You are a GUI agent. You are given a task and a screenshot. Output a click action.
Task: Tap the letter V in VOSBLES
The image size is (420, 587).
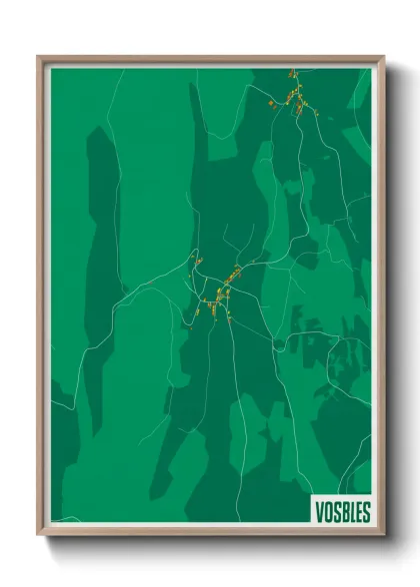click(x=320, y=512)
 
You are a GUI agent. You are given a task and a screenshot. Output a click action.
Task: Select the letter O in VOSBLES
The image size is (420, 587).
click(x=328, y=512)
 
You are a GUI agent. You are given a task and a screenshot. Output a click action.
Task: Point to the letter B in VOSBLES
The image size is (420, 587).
click(x=343, y=512)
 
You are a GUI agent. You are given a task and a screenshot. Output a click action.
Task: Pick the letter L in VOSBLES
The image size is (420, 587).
click(x=351, y=512)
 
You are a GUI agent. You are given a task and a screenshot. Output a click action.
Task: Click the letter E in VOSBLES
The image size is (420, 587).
click(x=358, y=512)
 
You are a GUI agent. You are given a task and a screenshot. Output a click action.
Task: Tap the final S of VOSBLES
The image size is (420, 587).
click(x=366, y=512)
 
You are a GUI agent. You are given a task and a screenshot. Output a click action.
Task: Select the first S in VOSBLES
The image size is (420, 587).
click(x=336, y=512)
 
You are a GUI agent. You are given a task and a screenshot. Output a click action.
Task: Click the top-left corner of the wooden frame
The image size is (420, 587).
click(x=40, y=58)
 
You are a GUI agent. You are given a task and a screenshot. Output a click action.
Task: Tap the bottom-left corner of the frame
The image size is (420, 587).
click(x=40, y=533)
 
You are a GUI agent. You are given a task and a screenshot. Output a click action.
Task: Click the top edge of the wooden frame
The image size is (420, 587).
click(x=210, y=59)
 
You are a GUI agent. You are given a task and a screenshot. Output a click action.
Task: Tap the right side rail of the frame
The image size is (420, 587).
click(x=381, y=299)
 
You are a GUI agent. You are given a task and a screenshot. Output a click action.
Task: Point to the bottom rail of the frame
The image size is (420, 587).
click(x=210, y=531)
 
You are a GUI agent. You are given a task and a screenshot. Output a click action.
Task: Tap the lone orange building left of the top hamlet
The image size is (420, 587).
click(x=271, y=102)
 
